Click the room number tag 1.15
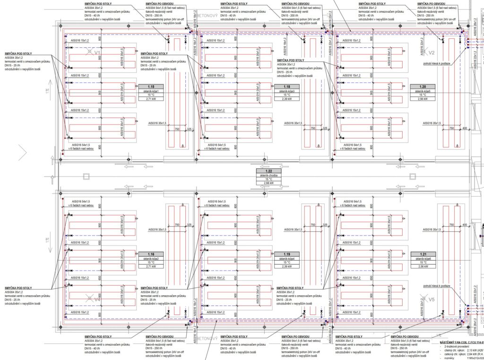151,87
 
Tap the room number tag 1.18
287,87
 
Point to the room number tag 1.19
287,254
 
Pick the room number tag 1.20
422,87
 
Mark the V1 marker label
97,53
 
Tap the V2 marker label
431,53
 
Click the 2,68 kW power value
268,183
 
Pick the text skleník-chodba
268,175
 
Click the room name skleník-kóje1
151,91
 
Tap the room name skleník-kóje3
287,91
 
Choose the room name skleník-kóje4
287,259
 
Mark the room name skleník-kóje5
422,91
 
